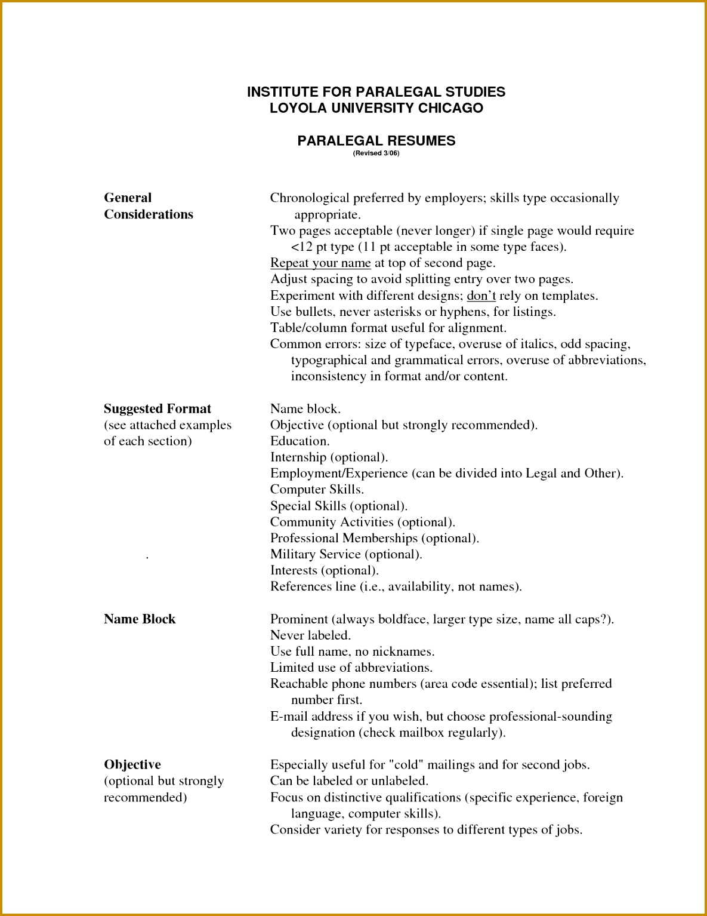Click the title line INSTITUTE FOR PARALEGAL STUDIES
point(376,92)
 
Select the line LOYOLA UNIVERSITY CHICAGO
point(376,108)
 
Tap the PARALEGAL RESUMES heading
point(376,141)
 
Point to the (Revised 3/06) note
point(376,153)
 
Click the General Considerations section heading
point(148,206)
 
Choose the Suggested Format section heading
point(158,408)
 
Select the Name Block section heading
point(140,619)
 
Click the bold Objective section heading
point(132,765)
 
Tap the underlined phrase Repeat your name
point(320,263)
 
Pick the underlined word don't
point(481,296)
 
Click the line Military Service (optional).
point(346,554)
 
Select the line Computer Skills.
point(317,490)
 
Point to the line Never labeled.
point(310,635)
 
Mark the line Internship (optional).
point(329,457)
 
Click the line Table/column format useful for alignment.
point(388,328)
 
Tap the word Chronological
point(309,198)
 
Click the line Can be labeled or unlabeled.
point(349,781)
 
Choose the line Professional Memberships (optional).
point(374,538)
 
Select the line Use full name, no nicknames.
point(352,651)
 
